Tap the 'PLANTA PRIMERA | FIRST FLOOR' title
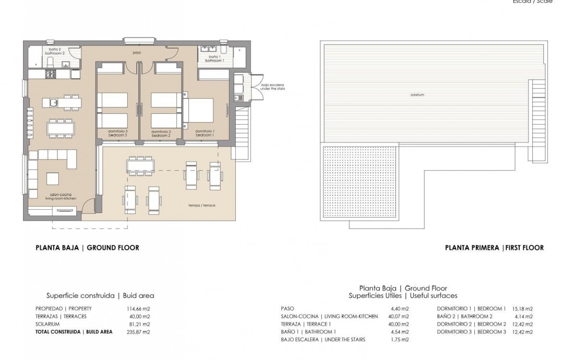(494, 248)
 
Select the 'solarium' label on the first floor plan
(416, 95)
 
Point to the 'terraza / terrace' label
(203, 206)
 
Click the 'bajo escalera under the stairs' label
(273, 87)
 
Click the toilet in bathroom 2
(51, 63)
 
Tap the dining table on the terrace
(140, 165)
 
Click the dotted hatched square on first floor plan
(361, 183)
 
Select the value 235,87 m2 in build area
(139, 331)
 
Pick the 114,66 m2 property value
(139, 308)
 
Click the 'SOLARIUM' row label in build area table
(48, 324)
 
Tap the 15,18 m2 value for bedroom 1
(522, 308)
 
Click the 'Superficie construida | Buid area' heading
(100, 295)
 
